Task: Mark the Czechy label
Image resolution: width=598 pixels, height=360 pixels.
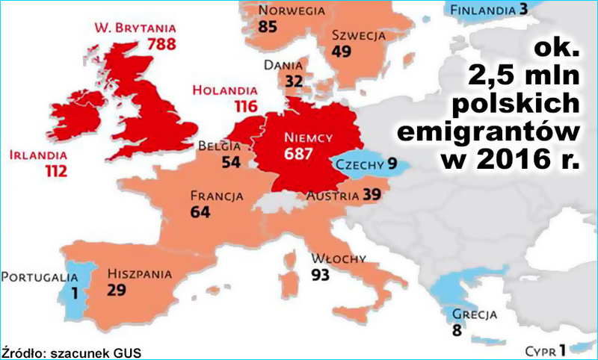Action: [359, 165]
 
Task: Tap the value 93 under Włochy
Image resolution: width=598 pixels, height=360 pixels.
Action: [321, 274]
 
